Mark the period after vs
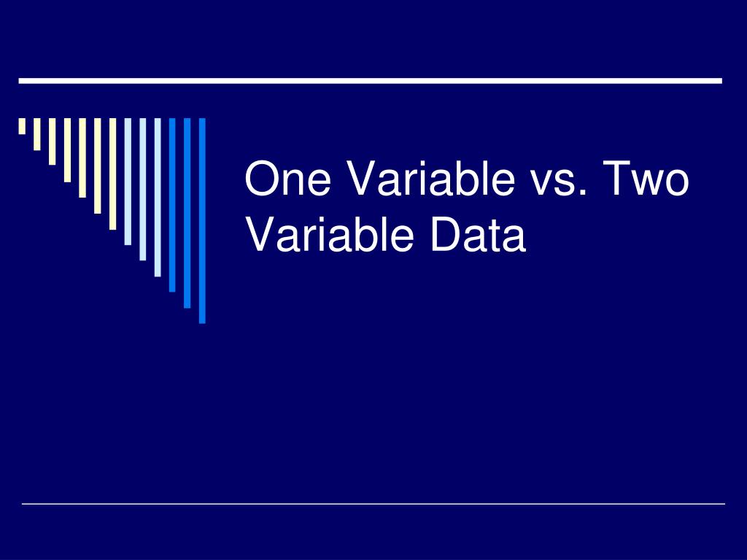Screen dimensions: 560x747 (x=583, y=194)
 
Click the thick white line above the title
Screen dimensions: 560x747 (x=370, y=80)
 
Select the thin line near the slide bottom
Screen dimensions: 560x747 (x=373, y=503)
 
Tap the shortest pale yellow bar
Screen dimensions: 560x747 (x=22, y=126)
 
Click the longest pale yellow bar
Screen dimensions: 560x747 (x=112, y=174)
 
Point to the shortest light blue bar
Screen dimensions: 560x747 (x=128, y=181)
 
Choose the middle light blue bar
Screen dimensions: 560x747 (x=142, y=189)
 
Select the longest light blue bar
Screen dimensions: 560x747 (x=158, y=197)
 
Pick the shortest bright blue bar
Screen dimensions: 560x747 (x=172, y=204)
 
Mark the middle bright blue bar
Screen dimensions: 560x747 (x=187, y=212)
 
